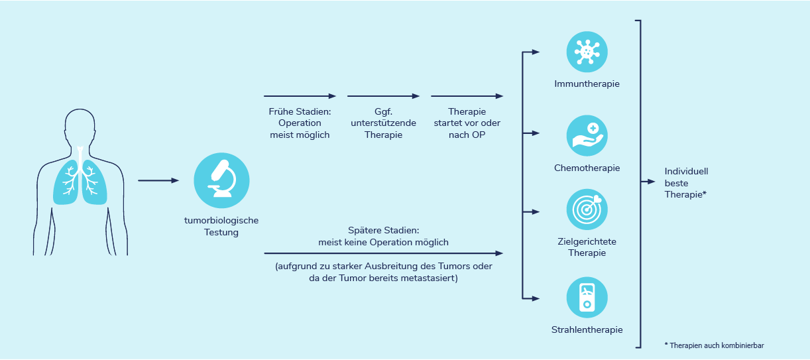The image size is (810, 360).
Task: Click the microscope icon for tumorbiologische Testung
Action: coord(221,180)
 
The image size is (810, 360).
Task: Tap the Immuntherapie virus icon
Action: coord(587,52)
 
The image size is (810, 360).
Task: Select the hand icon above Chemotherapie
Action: coord(587,136)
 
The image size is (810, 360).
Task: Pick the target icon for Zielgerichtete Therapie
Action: coord(587,210)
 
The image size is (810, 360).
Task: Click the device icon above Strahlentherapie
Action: coord(587,298)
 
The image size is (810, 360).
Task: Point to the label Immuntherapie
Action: coord(587,84)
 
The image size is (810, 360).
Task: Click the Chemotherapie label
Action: coord(587,168)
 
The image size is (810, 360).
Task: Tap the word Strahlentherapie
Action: coord(587,330)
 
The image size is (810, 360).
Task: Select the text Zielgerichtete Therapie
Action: coord(587,247)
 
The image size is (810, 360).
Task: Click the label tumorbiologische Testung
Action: coord(221,226)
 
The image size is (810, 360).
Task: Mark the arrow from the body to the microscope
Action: coord(158,180)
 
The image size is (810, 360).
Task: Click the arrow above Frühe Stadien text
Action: coord(300,96)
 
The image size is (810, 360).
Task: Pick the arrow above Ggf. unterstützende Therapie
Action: coord(383,96)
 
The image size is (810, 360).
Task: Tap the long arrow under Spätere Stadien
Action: coord(383,253)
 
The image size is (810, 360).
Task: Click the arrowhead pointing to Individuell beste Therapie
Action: coord(651,182)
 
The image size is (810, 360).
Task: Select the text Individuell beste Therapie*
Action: coord(686,183)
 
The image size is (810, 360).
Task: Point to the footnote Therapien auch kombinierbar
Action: coord(714,345)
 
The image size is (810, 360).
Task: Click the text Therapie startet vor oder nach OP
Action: coord(467,123)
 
